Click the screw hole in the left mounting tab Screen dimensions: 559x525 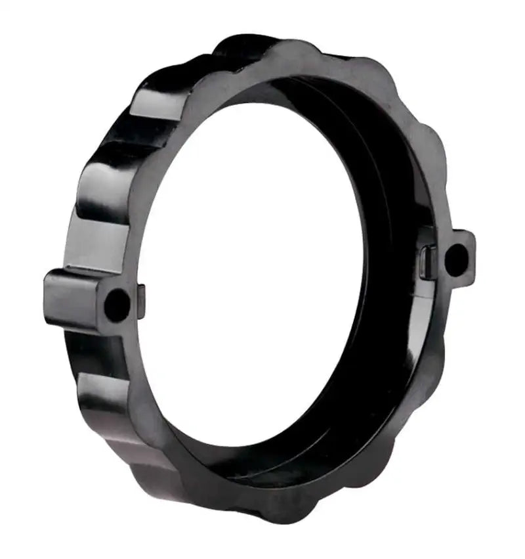[117, 305]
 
